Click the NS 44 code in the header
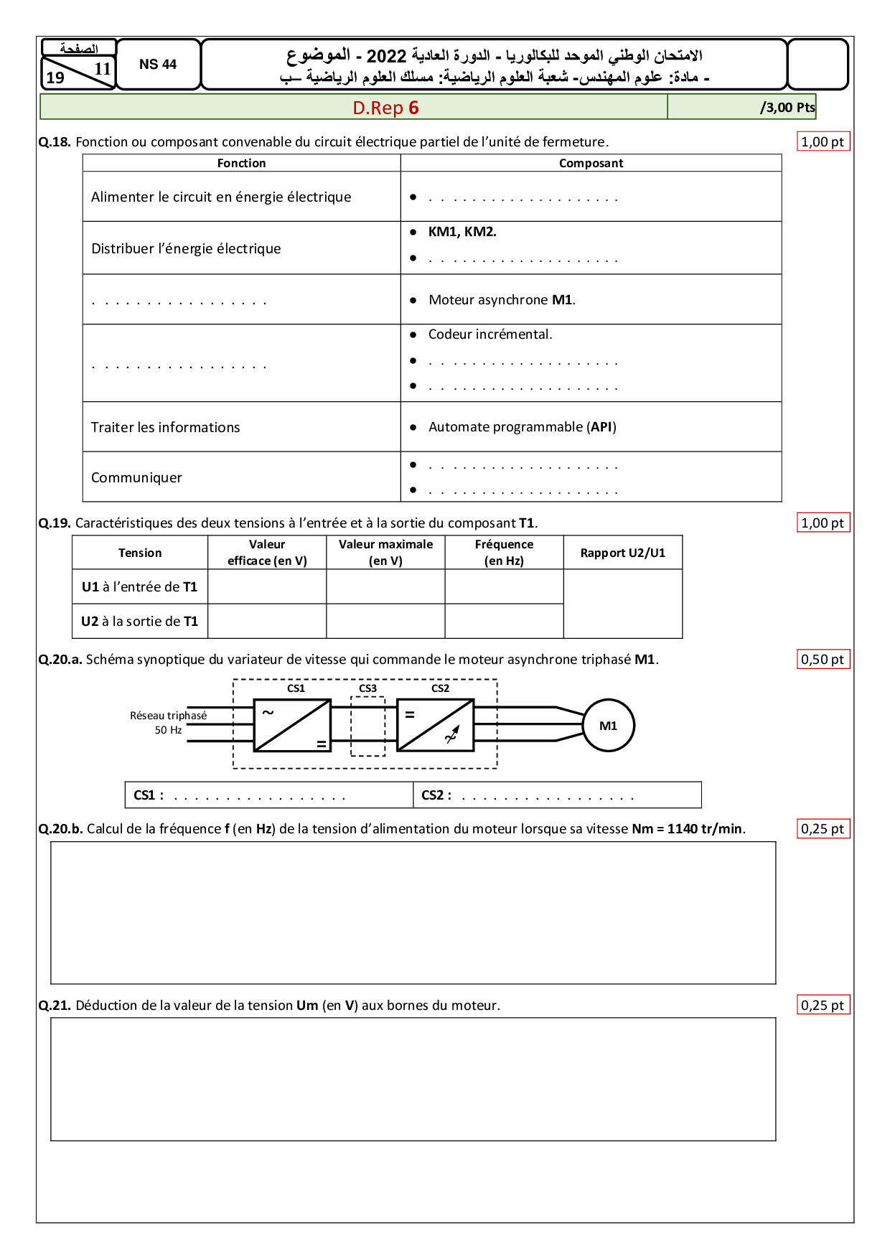[158, 65]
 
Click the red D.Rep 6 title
[385, 108]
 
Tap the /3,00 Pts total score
[787, 108]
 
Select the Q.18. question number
[55, 142]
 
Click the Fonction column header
[241, 164]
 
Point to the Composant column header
[591, 164]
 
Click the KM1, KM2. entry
[462, 232]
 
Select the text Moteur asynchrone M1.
[502, 300]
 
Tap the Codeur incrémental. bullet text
[490, 334]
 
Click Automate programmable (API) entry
[522, 427]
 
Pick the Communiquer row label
[136, 478]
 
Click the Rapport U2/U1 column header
[622, 553]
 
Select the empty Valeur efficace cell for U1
[267, 587]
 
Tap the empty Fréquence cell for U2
[504, 622]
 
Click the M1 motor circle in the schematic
[608, 726]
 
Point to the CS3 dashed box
[367, 726]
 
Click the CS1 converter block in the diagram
[292, 726]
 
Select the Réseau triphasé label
[168, 716]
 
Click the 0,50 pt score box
[823, 660]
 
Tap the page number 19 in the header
[55, 78]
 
